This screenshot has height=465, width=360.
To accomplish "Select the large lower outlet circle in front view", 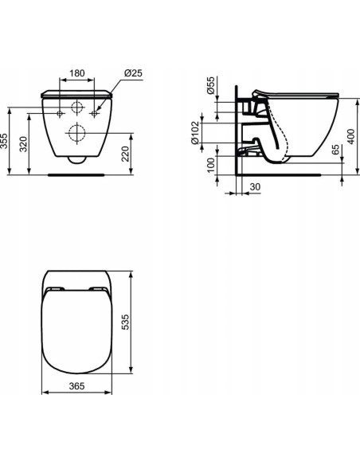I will [76, 132].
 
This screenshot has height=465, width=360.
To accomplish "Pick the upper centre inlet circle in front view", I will [76, 108].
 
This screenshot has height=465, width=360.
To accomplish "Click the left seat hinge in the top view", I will [54, 287].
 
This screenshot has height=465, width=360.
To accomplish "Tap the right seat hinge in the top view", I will [98, 287].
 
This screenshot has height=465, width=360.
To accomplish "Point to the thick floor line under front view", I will [76, 172].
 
